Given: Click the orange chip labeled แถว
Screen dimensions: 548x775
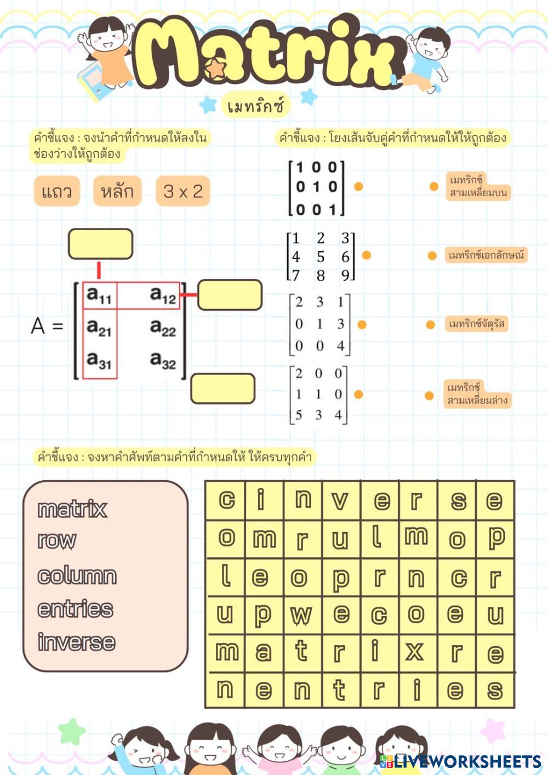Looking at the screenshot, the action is tap(57, 191).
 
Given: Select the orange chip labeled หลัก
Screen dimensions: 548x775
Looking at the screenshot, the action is tap(117, 191).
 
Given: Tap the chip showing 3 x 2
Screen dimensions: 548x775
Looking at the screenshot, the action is tap(183, 191).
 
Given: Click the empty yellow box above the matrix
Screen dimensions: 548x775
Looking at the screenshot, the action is tap(100, 244).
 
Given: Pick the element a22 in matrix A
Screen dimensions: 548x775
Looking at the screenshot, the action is tap(163, 328).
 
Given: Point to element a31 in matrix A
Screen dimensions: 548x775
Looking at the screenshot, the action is tap(99, 361).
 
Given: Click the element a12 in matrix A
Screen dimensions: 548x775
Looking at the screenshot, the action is tap(163, 295).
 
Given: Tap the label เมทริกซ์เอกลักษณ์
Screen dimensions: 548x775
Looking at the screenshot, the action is tap(486, 255).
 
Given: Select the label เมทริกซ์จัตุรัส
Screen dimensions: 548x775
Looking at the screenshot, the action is tap(476, 324).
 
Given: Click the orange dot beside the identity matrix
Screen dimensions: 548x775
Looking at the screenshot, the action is tap(358, 186).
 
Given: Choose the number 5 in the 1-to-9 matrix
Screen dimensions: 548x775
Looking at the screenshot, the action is tap(321, 257).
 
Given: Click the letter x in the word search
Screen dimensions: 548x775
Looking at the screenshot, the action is tap(414, 652).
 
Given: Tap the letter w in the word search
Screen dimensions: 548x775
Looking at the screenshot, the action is tap(301, 614).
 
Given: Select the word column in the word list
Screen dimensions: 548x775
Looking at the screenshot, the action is tap(77, 575).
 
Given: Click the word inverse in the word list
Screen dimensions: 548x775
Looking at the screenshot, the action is tap(76, 642).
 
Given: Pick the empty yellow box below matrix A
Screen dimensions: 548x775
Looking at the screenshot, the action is tap(222, 389).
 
